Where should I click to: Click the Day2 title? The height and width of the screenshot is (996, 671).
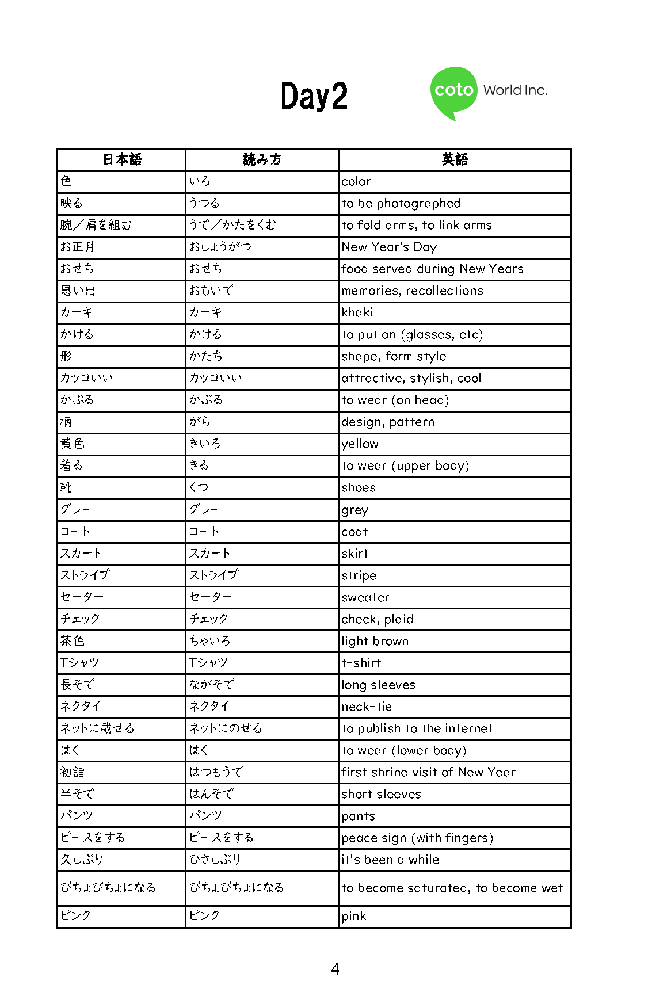click(x=314, y=96)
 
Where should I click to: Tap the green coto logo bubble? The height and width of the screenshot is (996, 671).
click(x=453, y=91)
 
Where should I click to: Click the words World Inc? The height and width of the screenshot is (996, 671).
click(x=515, y=90)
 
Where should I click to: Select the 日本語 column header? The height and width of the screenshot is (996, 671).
click(x=122, y=160)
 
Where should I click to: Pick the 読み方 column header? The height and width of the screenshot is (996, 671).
click(x=262, y=160)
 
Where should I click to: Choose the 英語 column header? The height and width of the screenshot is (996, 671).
click(x=455, y=160)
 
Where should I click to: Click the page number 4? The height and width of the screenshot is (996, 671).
click(x=335, y=969)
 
